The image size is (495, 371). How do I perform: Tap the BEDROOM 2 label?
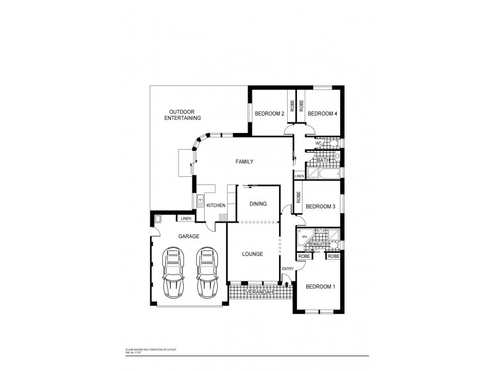pyautogui.click(x=270, y=113)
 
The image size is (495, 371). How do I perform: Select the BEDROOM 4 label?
pyautogui.click(x=322, y=113)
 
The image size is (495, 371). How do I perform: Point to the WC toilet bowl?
pyautogui.click(x=333, y=143)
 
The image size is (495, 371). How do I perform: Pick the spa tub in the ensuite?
pyautogui.click(x=304, y=237)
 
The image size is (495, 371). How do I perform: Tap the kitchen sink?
pyautogui.click(x=200, y=201)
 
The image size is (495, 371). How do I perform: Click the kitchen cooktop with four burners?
pyautogui.click(x=223, y=216)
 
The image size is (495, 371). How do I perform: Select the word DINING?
pyautogui.click(x=258, y=203)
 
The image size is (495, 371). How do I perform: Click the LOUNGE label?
pyautogui.click(x=252, y=254)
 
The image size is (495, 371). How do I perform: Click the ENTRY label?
pyautogui.click(x=288, y=268)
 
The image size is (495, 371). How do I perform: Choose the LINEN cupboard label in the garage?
pyautogui.click(x=186, y=218)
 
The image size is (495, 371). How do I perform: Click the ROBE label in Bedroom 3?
pyautogui.click(x=299, y=198)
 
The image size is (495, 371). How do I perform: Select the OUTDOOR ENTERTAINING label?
pyautogui.click(x=182, y=114)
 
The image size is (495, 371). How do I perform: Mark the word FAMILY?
pyautogui.click(x=245, y=162)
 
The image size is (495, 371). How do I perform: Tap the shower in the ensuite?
pyautogui.click(x=333, y=235)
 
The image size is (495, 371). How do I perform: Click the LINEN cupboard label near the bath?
pyautogui.click(x=299, y=176)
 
